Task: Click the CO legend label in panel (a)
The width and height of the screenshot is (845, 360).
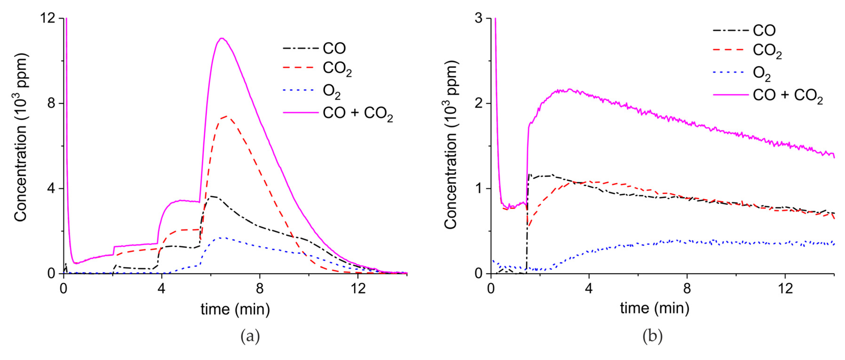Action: click(334, 49)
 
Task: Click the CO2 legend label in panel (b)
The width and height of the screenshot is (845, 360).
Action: click(767, 51)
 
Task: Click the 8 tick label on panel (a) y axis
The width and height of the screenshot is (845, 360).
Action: click(51, 103)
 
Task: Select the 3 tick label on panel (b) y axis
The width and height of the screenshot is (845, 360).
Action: click(479, 18)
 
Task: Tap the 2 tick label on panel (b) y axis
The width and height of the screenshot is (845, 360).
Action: click(479, 103)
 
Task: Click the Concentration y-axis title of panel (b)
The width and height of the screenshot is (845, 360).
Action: click(451, 144)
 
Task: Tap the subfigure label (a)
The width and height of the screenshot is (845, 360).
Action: click(250, 336)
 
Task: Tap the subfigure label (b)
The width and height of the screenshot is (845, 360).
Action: click(652, 336)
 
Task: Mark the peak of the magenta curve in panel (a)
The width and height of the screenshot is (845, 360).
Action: click(222, 39)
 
